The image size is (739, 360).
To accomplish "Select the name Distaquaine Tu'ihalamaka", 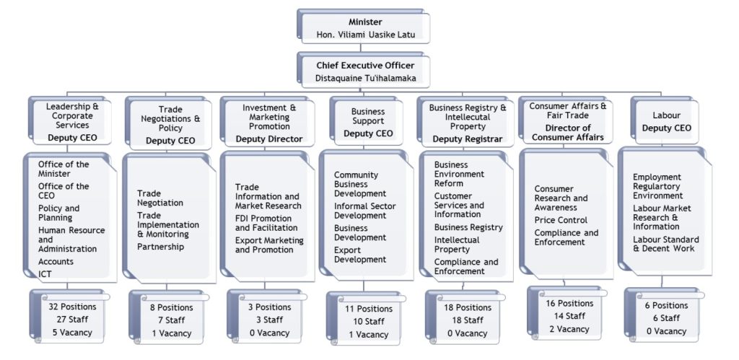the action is (x=366, y=78).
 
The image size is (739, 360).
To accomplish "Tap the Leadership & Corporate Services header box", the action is (x=70, y=120).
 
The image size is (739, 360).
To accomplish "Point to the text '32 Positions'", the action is (x=73, y=307).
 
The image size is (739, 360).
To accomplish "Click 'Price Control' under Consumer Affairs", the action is (x=561, y=221).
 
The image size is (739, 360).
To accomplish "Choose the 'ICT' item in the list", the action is (x=45, y=273).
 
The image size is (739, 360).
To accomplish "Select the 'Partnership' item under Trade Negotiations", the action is (x=161, y=247).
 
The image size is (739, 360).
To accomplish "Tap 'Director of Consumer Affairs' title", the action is (x=569, y=133).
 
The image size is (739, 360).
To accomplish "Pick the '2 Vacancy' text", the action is (x=569, y=329).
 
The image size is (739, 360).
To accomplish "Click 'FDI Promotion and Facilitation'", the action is (x=266, y=224).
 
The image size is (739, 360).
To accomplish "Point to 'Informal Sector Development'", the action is (x=364, y=211).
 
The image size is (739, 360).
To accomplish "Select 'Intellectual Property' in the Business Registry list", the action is (x=457, y=245).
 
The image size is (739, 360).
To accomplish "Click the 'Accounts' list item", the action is (x=56, y=261).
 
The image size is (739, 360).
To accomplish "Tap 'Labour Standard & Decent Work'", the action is (x=665, y=244).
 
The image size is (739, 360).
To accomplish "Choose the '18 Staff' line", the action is (x=468, y=320).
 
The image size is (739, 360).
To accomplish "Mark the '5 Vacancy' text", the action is (x=73, y=332).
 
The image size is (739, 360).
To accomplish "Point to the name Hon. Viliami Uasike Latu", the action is (x=366, y=35).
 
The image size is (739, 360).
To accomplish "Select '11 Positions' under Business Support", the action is (x=369, y=309).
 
